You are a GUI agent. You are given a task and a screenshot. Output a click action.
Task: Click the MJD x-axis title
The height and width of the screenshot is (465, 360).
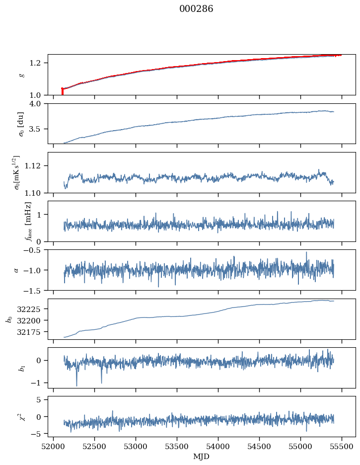(202, 457)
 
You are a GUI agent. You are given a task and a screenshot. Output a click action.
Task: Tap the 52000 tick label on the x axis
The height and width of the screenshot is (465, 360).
(54, 446)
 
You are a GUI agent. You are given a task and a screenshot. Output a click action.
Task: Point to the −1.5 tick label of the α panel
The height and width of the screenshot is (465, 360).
(35, 290)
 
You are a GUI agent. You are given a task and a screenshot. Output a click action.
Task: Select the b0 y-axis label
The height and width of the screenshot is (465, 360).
(9, 318)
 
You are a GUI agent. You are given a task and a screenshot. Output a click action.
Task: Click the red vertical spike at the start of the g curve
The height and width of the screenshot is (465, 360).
(62, 91)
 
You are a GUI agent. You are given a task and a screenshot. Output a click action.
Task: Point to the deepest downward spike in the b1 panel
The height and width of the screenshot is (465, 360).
(76, 385)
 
